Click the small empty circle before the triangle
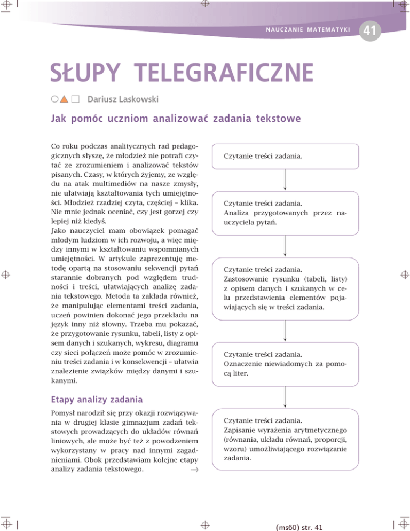point(54,99)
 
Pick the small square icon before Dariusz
point(75,99)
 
